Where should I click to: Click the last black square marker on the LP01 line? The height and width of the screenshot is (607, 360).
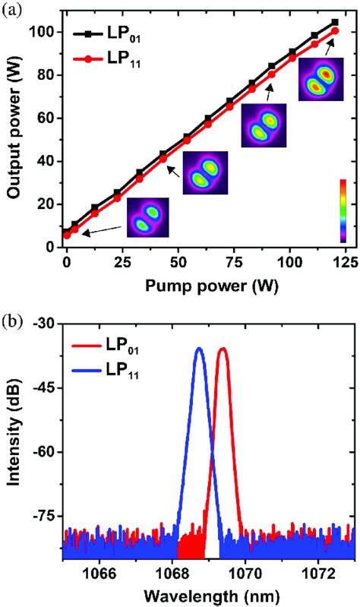pos(335,22)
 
